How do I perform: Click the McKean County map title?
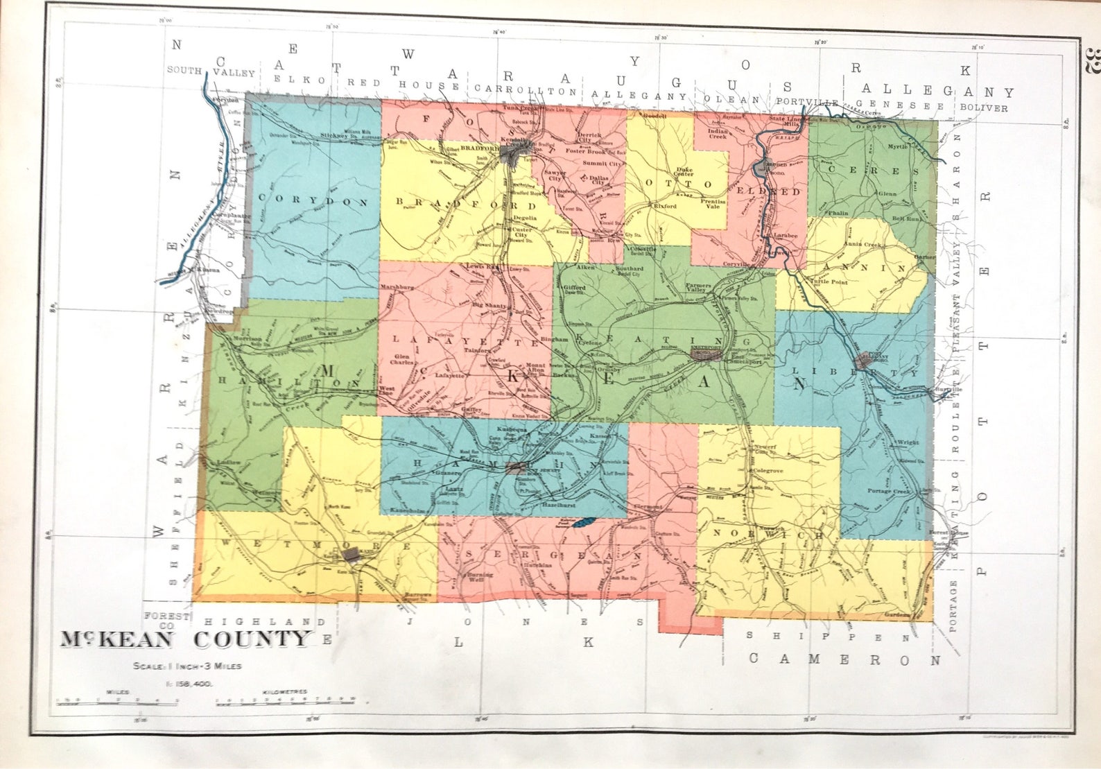184,639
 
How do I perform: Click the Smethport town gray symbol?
711,355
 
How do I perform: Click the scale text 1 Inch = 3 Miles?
187,666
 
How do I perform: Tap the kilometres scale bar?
285,702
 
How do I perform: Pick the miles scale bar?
118,702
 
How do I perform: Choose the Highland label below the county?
264,622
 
